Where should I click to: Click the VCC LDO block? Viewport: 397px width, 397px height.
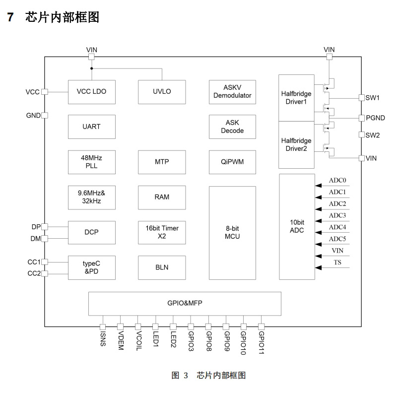[x=92, y=92]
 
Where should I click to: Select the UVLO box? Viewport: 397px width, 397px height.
[x=162, y=92]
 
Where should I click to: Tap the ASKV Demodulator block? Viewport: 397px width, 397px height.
[x=232, y=92]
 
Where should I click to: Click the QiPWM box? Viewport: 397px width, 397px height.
[x=232, y=162]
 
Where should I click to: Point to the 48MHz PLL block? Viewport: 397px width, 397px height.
[x=92, y=162]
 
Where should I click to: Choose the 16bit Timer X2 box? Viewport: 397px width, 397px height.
[x=162, y=232]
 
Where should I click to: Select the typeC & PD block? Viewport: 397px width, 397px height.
[x=92, y=267]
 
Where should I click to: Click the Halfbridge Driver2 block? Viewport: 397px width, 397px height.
[x=296, y=144]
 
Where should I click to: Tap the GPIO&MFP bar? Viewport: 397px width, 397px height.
[x=185, y=303]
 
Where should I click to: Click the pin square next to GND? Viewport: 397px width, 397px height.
[x=45, y=116]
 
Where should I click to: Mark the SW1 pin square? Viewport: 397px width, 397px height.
[x=361, y=98]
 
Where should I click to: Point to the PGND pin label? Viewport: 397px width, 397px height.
[x=375, y=118]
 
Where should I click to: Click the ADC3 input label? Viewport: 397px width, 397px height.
[x=337, y=215]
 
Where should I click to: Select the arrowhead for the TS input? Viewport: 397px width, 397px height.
[x=318, y=268]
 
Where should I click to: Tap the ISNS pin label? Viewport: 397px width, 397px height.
[x=103, y=339]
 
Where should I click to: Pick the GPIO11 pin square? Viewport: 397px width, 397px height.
[x=261, y=327]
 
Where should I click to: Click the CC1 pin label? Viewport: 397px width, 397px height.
[x=34, y=262]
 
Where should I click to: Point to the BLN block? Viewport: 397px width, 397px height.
[x=162, y=267]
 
